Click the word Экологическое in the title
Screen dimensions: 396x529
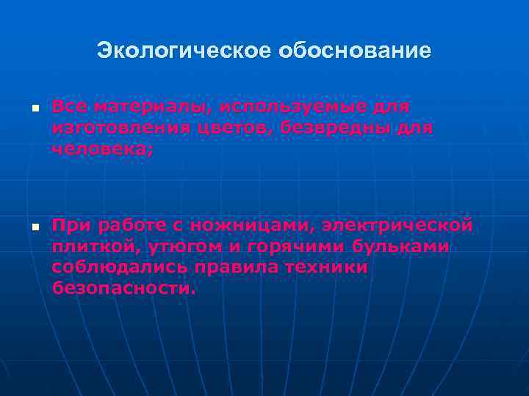(185, 52)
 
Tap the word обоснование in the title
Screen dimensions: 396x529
(356, 52)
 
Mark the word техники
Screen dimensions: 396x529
(326, 268)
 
